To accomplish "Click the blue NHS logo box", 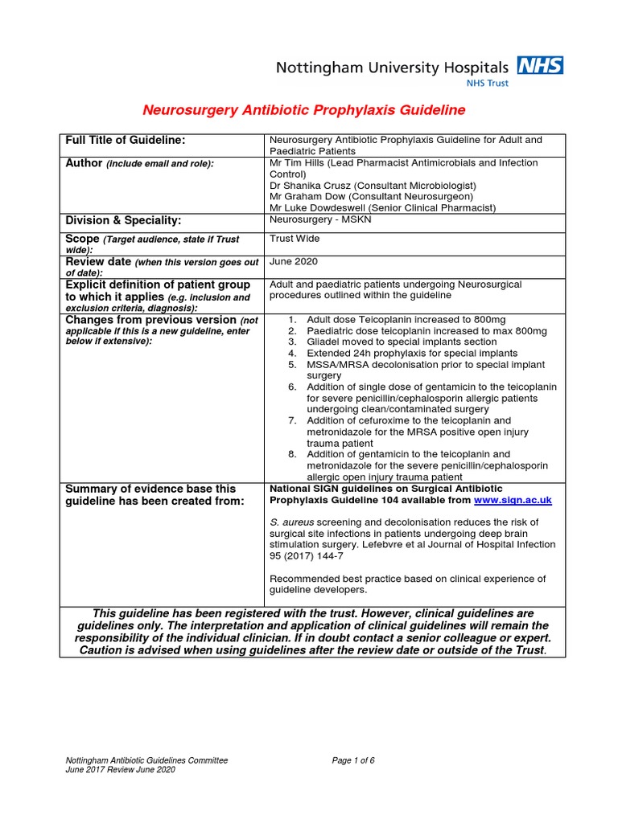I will pos(539,65).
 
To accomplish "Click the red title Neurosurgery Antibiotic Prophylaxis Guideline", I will pos(303,110).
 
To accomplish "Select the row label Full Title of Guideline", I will pos(126,141).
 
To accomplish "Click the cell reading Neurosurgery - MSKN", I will pos(319,219).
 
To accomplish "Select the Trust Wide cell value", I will pos(295,239).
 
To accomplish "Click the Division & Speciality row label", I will pos(123,220).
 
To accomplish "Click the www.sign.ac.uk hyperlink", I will pos(513,500).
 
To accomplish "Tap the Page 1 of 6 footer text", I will pos(353,760).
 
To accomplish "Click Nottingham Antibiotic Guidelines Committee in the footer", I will pos(146,760).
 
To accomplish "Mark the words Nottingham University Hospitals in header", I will pos(392,68).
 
